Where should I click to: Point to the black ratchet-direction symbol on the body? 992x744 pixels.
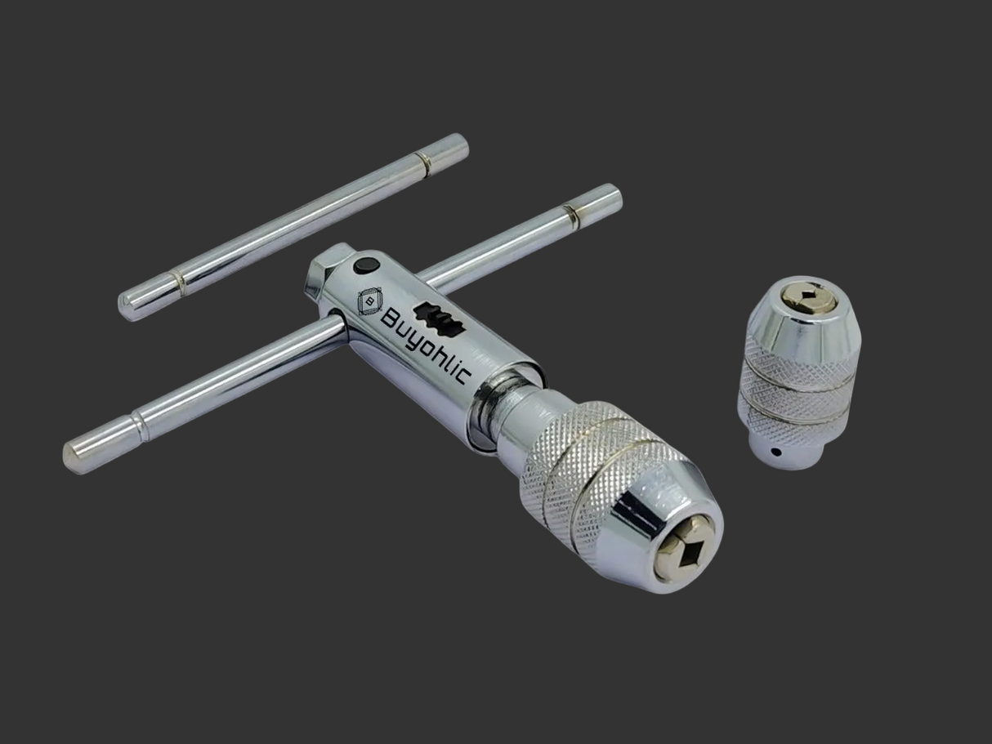440,319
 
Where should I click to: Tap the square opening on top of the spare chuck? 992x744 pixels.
809,294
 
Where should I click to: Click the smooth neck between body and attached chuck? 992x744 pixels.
503,417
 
